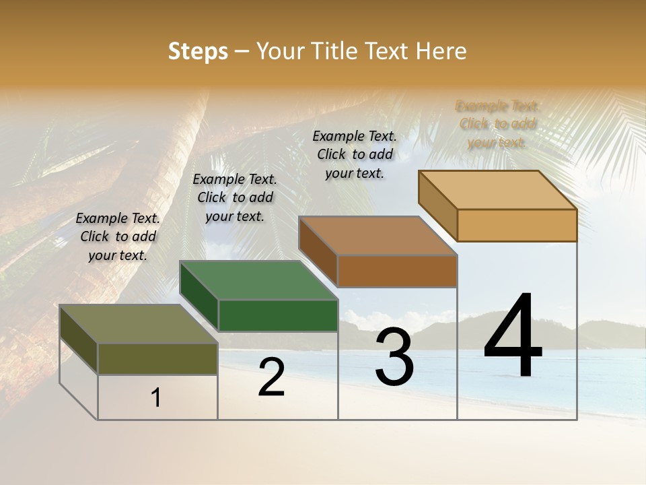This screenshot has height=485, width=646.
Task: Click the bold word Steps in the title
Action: tap(198, 51)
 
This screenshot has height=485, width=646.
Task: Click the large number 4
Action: tap(513, 337)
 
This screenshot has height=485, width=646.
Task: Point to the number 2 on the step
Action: tap(272, 377)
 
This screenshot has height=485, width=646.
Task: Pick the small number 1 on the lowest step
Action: tap(156, 398)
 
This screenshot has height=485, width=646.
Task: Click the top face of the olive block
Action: tap(138, 324)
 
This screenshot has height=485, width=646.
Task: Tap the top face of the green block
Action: tap(258, 280)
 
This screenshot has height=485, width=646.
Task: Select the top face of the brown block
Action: tap(378, 236)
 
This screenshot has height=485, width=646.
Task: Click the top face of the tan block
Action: tap(497, 190)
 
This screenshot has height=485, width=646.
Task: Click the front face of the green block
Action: tap(278, 315)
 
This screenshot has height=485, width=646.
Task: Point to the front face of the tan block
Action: tap(517, 225)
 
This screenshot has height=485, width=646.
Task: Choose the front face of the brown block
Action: tap(397, 271)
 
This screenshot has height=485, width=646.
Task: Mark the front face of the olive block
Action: tap(157, 358)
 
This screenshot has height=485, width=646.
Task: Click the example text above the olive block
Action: tap(118, 236)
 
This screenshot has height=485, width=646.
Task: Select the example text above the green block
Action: tap(235, 197)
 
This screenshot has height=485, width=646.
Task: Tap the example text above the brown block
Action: tap(355, 154)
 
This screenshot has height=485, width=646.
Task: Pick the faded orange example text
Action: tap(497, 124)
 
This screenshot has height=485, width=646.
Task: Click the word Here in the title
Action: tap(441, 51)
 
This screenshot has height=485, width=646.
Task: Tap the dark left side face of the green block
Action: tap(199, 296)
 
